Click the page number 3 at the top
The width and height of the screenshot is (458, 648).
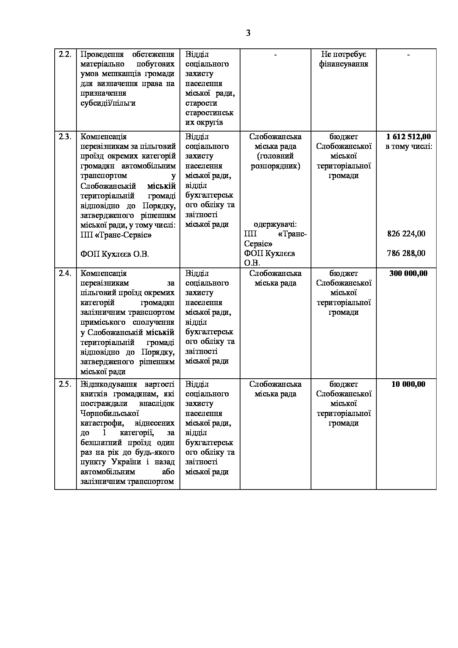(x=248, y=33)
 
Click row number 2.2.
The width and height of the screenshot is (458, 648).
(x=65, y=54)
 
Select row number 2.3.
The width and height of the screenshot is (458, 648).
(x=65, y=137)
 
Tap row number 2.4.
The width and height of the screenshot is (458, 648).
(x=65, y=273)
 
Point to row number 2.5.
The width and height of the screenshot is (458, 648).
(x=65, y=384)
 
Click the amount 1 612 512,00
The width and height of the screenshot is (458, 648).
(x=409, y=137)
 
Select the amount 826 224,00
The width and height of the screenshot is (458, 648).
(x=406, y=234)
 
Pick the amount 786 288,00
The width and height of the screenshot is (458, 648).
(x=406, y=253)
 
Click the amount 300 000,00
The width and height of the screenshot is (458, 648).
(x=409, y=273)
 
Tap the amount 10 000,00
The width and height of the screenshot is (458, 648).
(x=409, y=384)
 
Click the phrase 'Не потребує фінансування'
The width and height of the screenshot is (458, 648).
(x=343, y=59)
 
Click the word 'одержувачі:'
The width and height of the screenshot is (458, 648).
(x=276, y=224)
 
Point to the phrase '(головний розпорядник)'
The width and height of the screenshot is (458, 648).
(x=276, y=161)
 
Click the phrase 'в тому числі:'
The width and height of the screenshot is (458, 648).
(x=409, y=147)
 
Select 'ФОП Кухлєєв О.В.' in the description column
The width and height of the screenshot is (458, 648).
(x=115, y=254)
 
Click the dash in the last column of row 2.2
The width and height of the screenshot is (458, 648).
(x=409, y=54)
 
